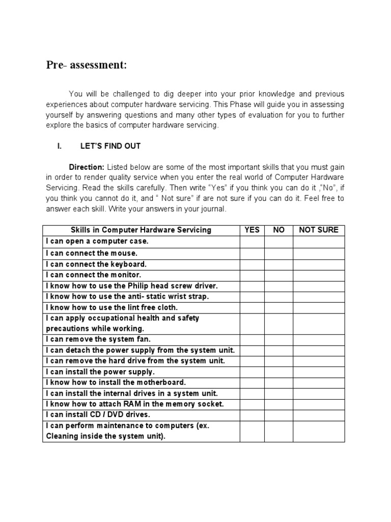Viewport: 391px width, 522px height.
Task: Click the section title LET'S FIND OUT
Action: pos(110,146)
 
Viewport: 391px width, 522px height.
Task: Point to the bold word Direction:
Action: pos(87,167)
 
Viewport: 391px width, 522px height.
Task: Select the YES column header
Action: pos(252,230)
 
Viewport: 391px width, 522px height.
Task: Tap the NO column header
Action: pos(278,230)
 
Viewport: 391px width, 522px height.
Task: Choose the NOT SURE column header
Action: pos(319,230)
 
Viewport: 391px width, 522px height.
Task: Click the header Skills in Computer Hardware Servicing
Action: pos(141,230)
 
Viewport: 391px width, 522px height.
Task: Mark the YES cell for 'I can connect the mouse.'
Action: pos(252,253)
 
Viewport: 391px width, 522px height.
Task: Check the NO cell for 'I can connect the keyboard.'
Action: pos(278,265)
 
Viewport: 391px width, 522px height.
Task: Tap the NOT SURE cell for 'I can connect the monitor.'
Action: pos(319,275)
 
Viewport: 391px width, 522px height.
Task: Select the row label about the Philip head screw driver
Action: pos(127,286)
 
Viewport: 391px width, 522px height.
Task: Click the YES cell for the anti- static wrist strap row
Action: pos(252,297)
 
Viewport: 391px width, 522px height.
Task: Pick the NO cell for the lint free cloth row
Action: pos(278,307)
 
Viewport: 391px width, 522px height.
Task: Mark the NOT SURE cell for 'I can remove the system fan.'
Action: pos(319,340)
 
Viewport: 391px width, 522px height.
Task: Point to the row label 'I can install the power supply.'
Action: pos(100,372)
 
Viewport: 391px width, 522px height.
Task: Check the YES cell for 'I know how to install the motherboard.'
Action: pos(252,382)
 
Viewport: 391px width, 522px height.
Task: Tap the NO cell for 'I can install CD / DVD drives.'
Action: pos(278,414)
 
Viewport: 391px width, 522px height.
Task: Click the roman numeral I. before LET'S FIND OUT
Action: pos(60,146)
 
